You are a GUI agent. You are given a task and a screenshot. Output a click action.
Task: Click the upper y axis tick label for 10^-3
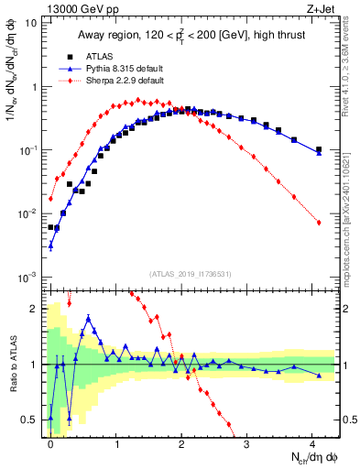(30, 277)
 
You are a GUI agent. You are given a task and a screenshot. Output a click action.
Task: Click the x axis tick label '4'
(313, 444)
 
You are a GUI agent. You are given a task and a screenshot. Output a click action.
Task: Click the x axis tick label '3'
(247, 444)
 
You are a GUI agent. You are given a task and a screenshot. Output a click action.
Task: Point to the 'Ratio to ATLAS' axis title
(11, 365)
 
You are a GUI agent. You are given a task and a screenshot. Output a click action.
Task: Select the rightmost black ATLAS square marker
(319, 149)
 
